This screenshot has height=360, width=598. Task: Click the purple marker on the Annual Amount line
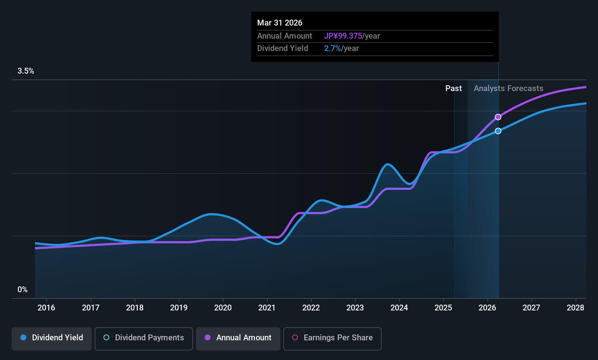coord(498,117)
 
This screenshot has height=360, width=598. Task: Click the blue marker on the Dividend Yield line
coord(498,131)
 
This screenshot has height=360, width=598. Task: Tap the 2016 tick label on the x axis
coord(46,308)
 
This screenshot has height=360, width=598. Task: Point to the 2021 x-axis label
coord(267,308)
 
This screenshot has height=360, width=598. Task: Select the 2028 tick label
coord(575,308)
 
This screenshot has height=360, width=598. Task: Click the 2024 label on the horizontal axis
coord(399,308)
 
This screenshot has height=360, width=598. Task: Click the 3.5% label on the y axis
coord(25,71)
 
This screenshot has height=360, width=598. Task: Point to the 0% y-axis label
coord(23,289)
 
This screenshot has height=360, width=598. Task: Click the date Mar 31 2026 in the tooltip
coord(280,23)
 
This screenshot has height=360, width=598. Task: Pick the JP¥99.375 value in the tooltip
coord(343,36)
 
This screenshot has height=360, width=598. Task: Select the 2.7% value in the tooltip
coord(333,48)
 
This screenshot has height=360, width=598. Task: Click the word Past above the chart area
coord(453,88)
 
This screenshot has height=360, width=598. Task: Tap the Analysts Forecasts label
coord(508,88)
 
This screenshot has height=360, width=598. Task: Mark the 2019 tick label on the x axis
coord(179,308)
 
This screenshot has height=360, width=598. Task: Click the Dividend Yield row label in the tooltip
coord(283,48)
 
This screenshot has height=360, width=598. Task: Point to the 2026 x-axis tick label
coord(487,308)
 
